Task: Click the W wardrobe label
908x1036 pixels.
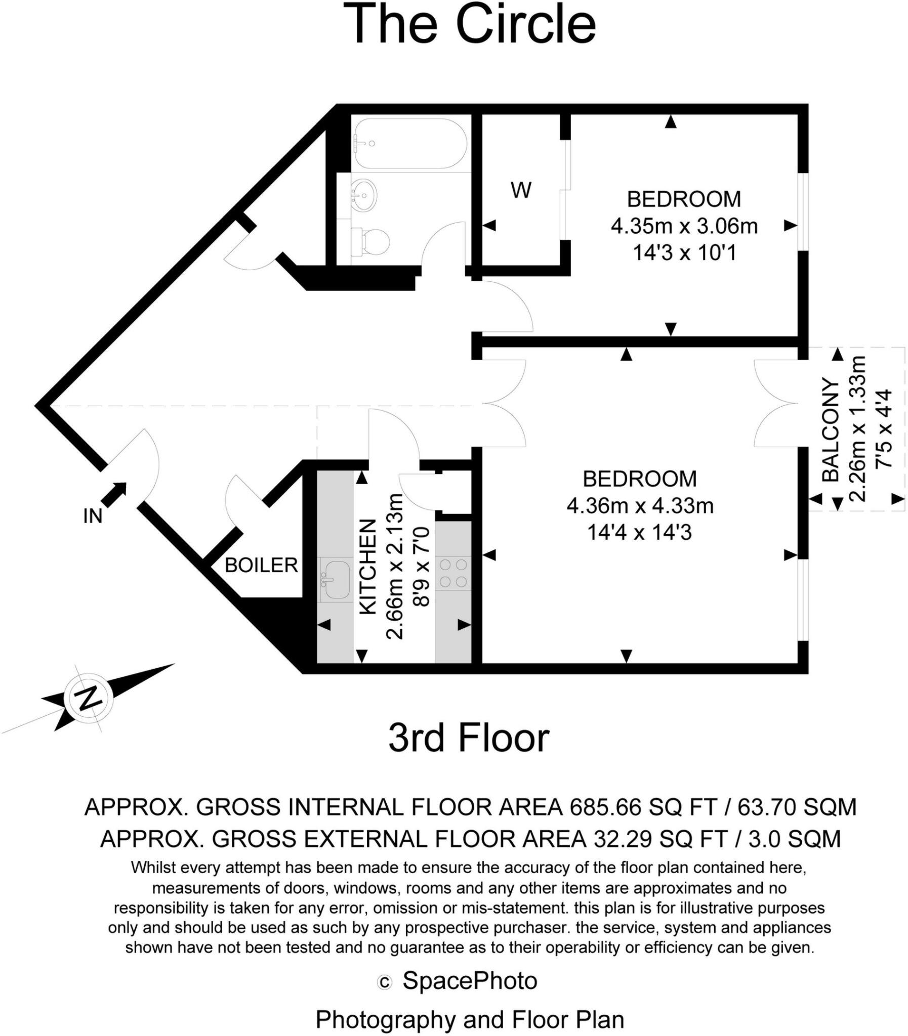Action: pyautogui.click(x=521, y=190)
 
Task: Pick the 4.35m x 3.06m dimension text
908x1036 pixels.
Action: pyautogui.click(x=684, y=226)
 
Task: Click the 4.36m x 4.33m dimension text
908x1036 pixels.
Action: pyautogui.click(x=639, y=505)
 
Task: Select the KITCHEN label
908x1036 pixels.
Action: pyautogui.click(x=368, y=567)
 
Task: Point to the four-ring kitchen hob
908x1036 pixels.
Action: pyautogui.click(x=453, y=573)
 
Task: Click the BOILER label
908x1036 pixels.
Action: pyautogui.click(x=261, y=565)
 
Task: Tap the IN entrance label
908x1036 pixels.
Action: pyautogui.click(x=93, y=516)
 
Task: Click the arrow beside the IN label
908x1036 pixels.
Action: pyautogui.click(x=115, y=494)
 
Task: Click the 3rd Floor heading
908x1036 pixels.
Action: pyautogui.click(x=469, y=738)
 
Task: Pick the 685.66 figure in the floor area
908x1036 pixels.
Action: pyautogui.click(x=605, y=807)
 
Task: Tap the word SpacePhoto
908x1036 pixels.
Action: pyautogui.click(x=470, y=981)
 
